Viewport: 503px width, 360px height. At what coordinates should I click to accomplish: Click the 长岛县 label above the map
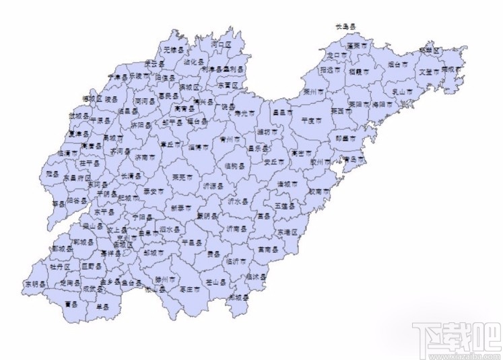click(345, 27)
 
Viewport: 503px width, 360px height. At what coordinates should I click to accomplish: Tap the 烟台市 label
click(398, 65)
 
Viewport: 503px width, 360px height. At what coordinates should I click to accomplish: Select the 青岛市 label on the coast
click(354, 159)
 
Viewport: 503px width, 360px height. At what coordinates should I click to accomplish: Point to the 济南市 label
click(144, 156)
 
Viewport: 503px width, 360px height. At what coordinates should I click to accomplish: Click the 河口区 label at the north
click(220, 44)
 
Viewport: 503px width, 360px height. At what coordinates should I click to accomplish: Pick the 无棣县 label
click(173, 49)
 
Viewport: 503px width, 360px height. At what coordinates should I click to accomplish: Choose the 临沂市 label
click(237, 260)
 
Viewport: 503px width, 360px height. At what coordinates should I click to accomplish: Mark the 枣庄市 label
click(191, 289)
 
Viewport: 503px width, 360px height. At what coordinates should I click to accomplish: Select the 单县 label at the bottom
click(102, 307)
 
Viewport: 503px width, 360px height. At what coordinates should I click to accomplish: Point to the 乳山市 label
click(402, 91)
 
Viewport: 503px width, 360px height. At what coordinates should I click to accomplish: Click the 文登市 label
click(429, 71)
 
